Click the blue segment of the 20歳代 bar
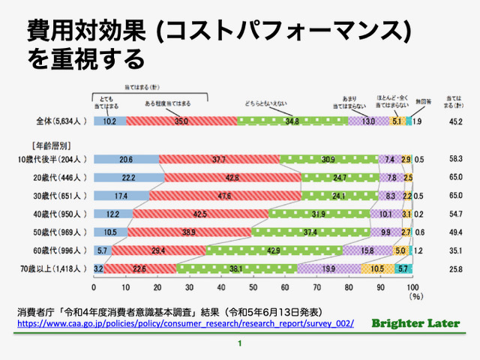[x=129, y=177]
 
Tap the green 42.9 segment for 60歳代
[x=274, y=249]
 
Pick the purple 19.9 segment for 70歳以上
[x=329, y=267]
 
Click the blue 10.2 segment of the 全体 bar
[x=110, y=120]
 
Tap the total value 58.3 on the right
[x=454, y=159]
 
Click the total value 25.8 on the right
[x=454, y=267]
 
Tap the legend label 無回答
[x=421, y=100]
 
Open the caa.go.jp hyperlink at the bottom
[x=184, y=322]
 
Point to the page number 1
[x=240, y=344]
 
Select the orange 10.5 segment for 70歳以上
[x=377, y=267]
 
